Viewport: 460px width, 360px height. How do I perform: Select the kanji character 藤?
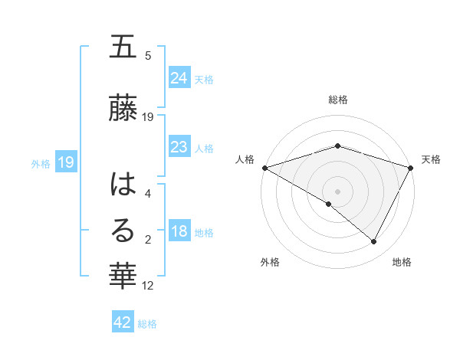coord(123,108)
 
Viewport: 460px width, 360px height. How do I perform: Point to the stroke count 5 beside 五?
coord(148,55)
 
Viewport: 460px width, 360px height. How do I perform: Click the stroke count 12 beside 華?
coord(149,286)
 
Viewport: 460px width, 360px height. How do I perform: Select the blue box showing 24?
coord(179,78)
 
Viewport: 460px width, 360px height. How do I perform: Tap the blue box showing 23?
coord(179,147)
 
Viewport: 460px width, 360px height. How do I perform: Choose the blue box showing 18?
coord(179,231)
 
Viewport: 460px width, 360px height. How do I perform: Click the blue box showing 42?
coord(123,322)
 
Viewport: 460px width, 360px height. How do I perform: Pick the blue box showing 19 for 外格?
coord(65,162)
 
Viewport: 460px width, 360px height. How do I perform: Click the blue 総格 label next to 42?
coord(147,324)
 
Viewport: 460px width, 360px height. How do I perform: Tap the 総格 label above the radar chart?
coord(337,100)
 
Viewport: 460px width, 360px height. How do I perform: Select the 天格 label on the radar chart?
coord(431,159)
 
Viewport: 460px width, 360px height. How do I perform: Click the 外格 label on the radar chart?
coord(270,263)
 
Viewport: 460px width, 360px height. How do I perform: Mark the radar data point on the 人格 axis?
coord(264,168)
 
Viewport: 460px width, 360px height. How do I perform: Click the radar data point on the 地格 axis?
coord(374,241)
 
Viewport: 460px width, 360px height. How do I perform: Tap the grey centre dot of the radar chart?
coord(337,191)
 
